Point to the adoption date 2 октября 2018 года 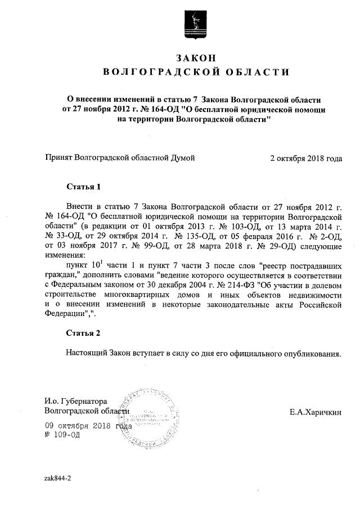pos(306,159)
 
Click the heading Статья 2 pos(83,333)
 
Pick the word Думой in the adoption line pos(182,159)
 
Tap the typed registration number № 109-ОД pos(62,435)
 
